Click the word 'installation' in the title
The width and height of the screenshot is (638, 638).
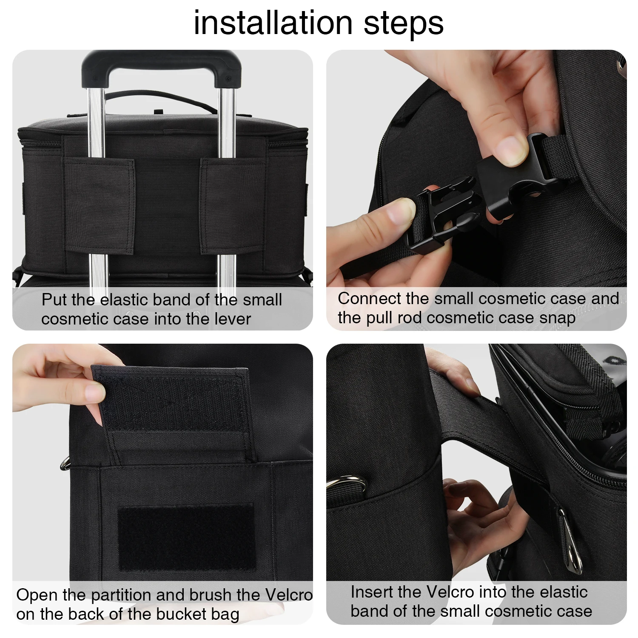[x=273, y=23]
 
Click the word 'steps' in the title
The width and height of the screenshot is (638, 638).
[x=404, y=24]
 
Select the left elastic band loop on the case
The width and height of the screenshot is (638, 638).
[x=100, y=207]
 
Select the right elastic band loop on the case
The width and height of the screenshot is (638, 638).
[x=233, y=207]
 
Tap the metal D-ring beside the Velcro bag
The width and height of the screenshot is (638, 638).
[x=65, y=463]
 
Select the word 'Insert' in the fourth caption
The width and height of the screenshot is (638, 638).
[x=372, y=592]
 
